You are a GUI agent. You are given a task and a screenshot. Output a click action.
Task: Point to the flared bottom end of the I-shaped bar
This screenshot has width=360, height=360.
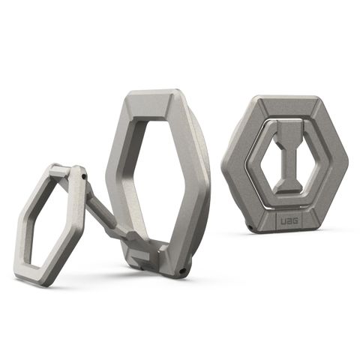tap(288, 184)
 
